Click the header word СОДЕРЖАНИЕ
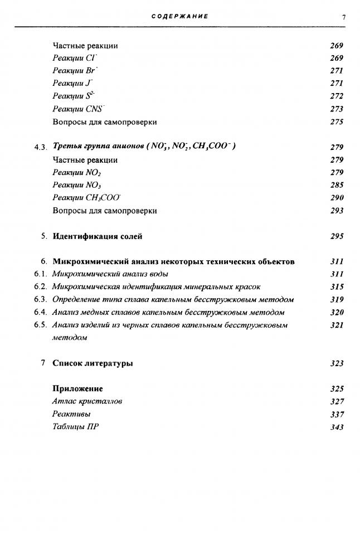coord(180,17)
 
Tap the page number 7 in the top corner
coord(344,17)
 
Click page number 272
coord(337,96)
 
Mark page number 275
coord(337,122)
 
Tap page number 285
coord(337,185)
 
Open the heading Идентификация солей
coord(98,236)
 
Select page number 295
coord(337,236)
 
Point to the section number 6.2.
coord(40,287)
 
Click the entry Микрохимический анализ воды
coord(110,274)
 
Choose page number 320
coord(337,313)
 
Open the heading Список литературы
coord(93,363)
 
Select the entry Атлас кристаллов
coord(87,401)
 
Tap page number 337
coord(337,415)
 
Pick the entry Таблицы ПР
coord(76,427)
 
